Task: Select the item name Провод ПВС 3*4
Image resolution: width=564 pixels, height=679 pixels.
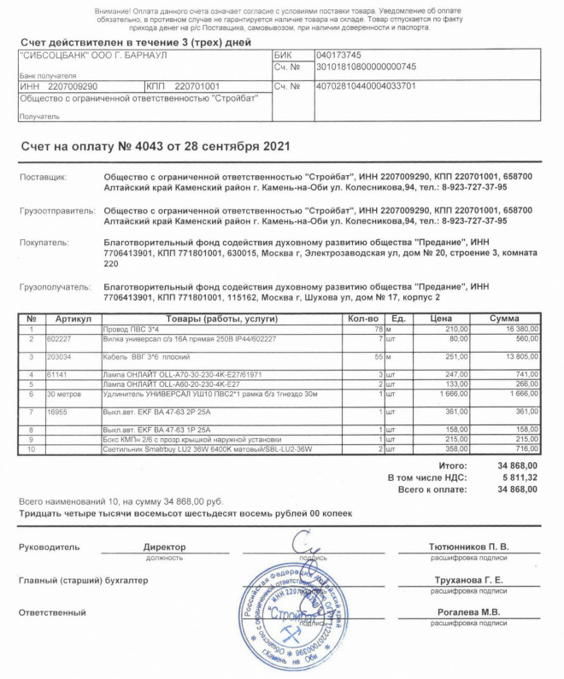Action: (x=131, y=328)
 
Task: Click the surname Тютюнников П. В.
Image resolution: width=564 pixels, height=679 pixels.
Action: (x=468, y=546)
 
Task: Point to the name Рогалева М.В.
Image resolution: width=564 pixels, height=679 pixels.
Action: (x=469, y=612)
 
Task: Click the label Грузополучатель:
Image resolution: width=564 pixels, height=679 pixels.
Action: (x=55, y=287)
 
